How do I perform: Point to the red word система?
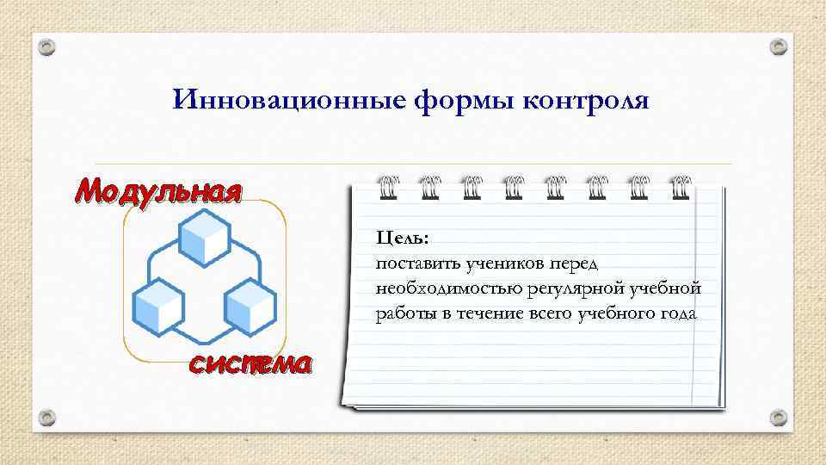coord(250,365)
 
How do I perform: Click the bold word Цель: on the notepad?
coord(401,236)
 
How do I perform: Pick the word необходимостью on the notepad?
coord(440,288)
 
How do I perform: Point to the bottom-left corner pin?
coord(49,418)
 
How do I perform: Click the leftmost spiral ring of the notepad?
coord(386,187)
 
